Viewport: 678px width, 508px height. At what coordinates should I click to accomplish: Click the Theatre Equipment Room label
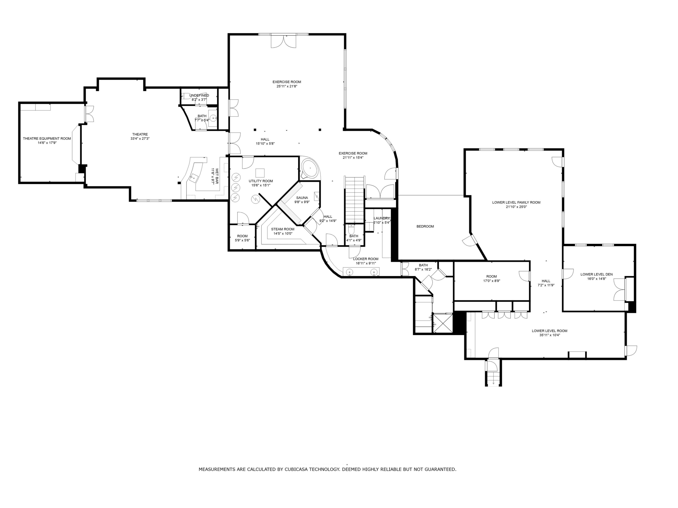point(47,139)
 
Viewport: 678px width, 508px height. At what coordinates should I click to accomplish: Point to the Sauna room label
point(302,198)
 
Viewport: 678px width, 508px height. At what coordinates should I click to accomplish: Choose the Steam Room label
point(282,229)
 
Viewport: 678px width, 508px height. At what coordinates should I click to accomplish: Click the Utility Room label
point(261,181)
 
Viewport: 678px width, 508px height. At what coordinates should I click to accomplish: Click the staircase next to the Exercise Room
point(355,199)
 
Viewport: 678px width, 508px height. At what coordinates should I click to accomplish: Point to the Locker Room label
point(365,259)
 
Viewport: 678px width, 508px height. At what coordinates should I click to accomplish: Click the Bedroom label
point(425,226)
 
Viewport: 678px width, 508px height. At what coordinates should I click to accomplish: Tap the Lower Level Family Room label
point(516,202)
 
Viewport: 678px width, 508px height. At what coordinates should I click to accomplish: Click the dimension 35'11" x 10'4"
point(550,335)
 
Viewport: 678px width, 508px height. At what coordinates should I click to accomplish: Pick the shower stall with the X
point(442,323)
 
